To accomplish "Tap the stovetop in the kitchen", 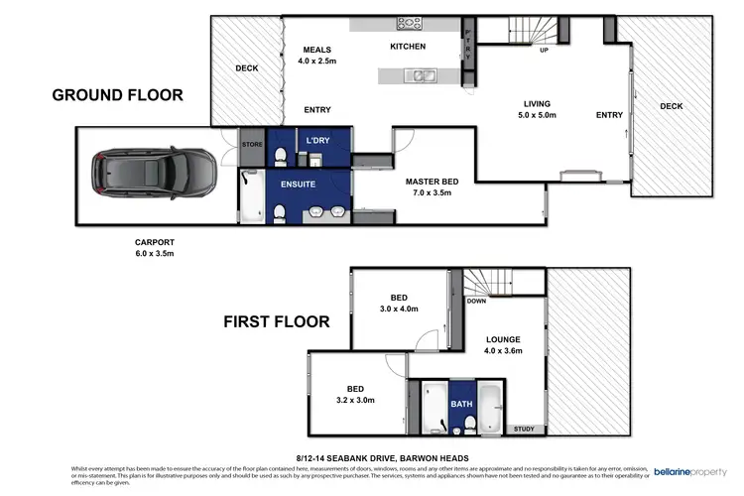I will click(408, 23).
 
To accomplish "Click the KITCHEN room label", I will click(408, 47).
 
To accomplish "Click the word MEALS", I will click(317, 50).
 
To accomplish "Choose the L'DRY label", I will click(317, 140).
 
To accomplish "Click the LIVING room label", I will click(538, 103).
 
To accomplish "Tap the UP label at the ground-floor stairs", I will click(544, 49).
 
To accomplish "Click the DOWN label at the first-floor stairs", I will click(476, 301).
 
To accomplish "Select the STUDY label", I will click(522, 429).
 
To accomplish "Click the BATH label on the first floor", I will click(461, 405).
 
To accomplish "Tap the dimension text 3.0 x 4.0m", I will click(398, 309).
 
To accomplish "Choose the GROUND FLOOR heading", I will click(117, 95).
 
